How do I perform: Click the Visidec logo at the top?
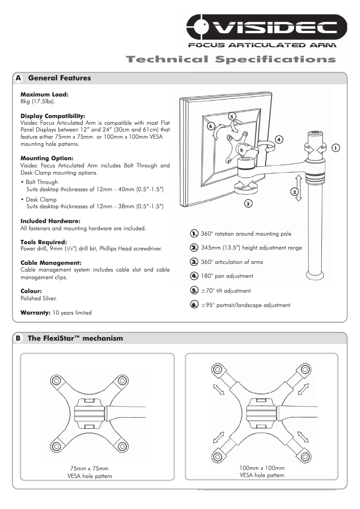coord(267,28)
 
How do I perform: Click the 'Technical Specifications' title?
coord(231,59)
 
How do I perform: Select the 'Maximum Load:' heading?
coord(44,95)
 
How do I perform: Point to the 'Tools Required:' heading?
coord(44,242)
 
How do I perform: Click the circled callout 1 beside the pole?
coord(335,148)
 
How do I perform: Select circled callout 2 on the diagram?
coord(295,192)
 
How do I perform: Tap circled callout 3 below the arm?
coord(248,204)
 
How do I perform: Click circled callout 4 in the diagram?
coord(279,139)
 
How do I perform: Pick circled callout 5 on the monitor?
coord(232,116)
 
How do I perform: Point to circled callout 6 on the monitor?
coord(211,126)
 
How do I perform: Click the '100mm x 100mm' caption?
coord(262,468)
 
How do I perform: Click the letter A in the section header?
coord(18,78)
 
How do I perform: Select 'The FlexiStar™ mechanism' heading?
coord(75,338)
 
